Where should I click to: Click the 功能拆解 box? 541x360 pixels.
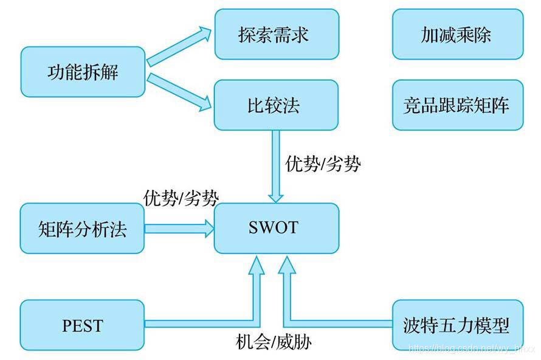click(83, 72)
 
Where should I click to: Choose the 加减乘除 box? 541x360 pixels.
click(457, 34)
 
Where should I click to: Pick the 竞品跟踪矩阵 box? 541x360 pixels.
click(457, 105)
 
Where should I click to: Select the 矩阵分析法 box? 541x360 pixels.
click(83, 229)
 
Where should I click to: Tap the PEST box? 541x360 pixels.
click(83, 325)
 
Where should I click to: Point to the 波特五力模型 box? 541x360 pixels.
click(457, 325)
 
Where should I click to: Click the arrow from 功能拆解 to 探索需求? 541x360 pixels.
click(179, 46)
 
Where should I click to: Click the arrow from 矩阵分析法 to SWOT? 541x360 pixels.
click(179, 229)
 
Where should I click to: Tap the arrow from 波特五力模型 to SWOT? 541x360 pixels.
click(340, 322)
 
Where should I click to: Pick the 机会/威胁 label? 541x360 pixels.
click(274, 342)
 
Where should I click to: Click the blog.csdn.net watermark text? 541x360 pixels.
click(472, 348)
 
